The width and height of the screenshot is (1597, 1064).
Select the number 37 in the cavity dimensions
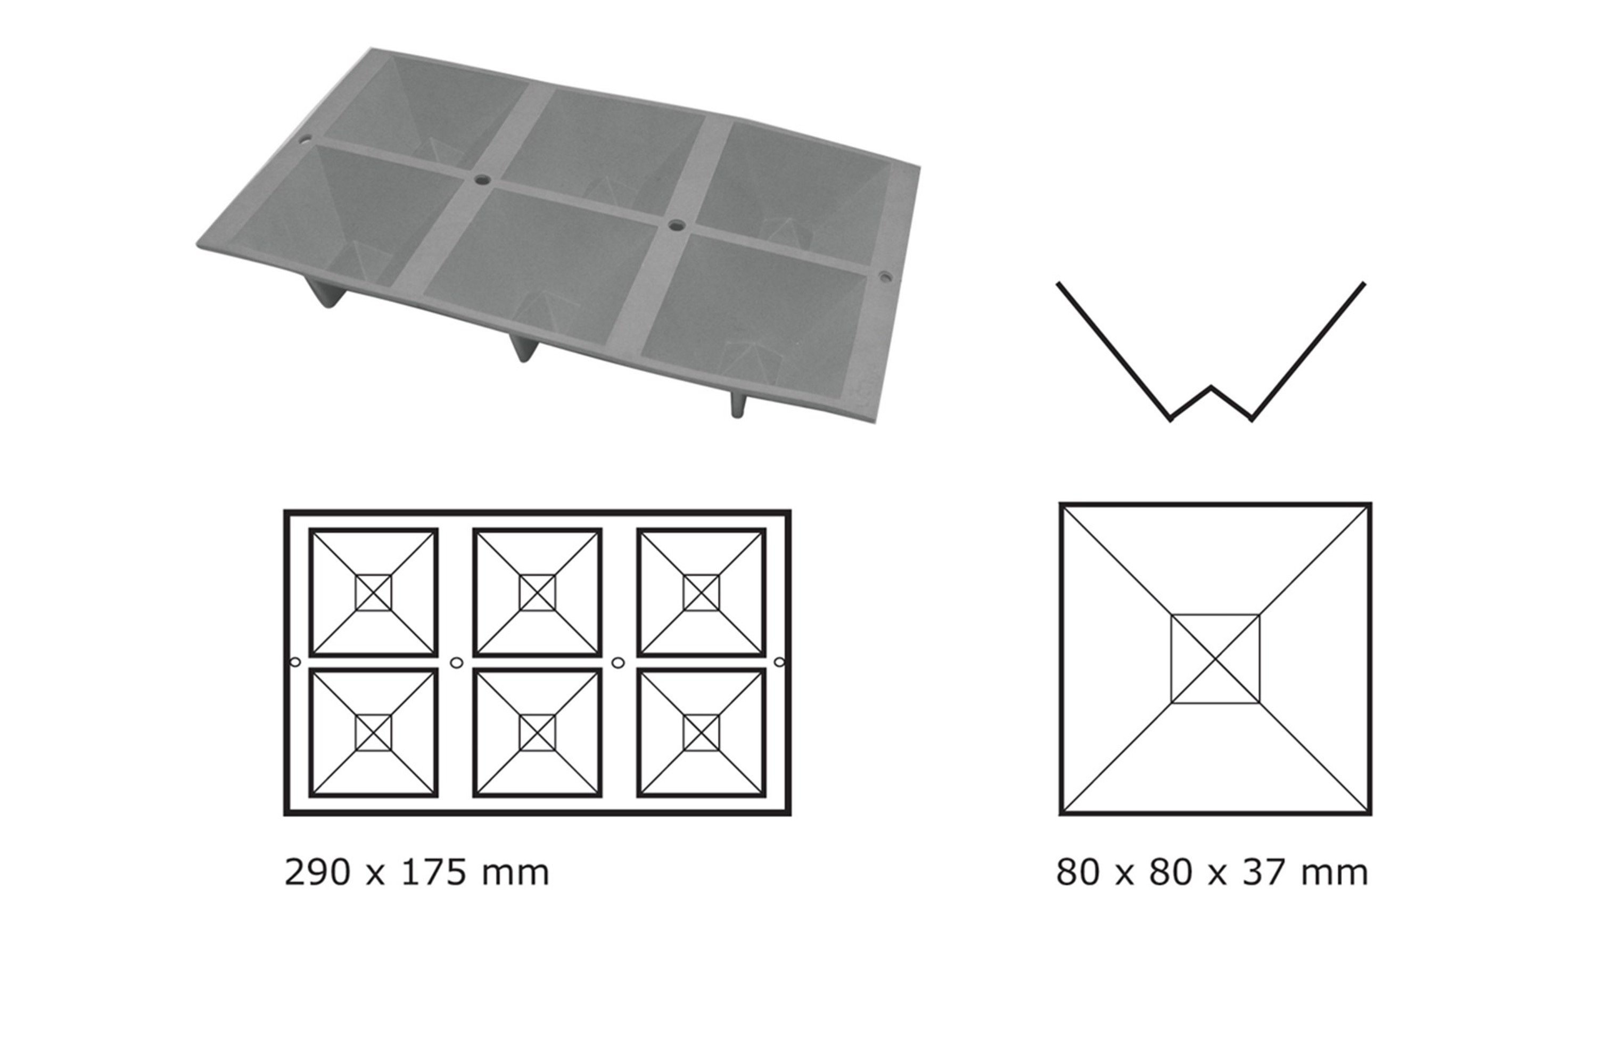(1266, 872)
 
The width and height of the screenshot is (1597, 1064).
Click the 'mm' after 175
(515, 872)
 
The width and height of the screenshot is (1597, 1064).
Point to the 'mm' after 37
(1333, 872)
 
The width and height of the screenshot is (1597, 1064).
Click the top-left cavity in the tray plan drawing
(374, 593)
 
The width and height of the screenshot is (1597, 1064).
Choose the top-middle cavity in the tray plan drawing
(537, 593)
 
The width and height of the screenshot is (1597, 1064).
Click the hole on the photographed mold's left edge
(306, 141)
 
